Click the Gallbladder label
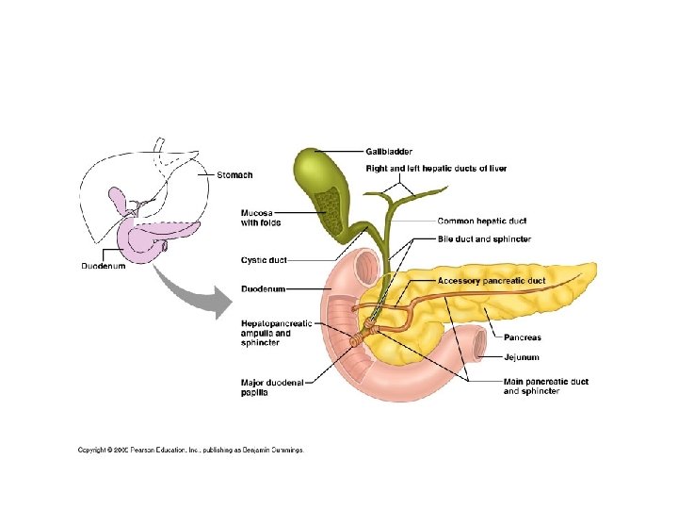click(x=389, y=152)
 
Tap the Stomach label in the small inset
click(x=234, y=174)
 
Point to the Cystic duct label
click(x=264, y=260)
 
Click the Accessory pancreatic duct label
click(x=491, y=281)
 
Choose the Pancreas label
click(x=523, y=337)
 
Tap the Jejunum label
click(x=521, y=358)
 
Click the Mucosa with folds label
click(x=261, y=218)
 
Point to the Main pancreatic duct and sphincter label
click(x=545, y=386)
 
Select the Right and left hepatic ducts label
click(x=436, y=169)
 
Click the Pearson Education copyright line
click(x=190, y=451)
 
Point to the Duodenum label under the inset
click(x=102, y=266)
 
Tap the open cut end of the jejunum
click(x=479, y=345)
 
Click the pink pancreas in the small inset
click(x=160, y=236)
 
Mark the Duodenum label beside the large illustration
click(x=264, y=287)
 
